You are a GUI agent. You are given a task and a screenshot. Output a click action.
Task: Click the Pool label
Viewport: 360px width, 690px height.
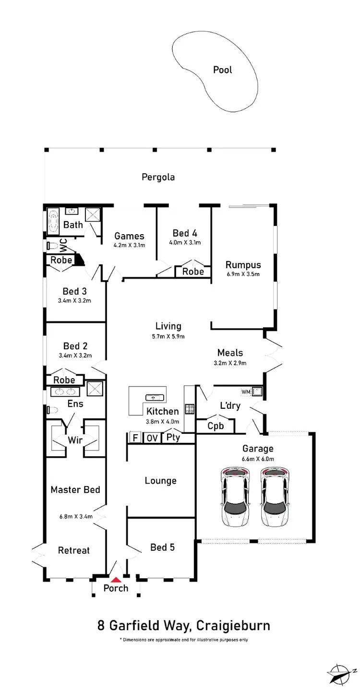[x=222, y=70]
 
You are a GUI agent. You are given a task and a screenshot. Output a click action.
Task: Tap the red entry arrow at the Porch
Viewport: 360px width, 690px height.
[x=116, y=580]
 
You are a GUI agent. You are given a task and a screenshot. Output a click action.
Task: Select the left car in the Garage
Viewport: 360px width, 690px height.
[x=235, y=497]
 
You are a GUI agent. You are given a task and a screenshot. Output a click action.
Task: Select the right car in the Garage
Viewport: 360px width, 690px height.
[x=275, y=497]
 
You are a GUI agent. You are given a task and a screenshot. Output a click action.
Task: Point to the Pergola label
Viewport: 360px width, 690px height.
[x=158, y=177]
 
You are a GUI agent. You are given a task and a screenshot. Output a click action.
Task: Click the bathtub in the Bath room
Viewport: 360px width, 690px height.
[x=52, y=220]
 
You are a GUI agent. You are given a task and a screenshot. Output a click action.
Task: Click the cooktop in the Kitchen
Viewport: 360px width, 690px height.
[x=190, y=409]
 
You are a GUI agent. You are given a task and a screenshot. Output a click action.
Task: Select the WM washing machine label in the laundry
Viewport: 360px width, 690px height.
[x=246, y=392]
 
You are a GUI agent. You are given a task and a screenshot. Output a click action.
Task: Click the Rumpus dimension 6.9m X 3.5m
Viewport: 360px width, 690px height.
[x=243, y=275]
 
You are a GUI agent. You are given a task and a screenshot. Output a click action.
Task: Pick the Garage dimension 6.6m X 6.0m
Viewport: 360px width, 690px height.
[x=258, y=459]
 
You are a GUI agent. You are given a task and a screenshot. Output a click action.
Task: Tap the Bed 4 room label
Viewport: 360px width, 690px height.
[x=185, y=233]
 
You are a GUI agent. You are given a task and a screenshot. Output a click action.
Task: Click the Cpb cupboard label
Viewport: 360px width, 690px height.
[x=215, y=426]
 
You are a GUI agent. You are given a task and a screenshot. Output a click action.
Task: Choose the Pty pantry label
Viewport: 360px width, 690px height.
[x=173, y=438]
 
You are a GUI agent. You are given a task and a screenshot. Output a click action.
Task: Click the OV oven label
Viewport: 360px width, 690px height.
[x=152, y=438]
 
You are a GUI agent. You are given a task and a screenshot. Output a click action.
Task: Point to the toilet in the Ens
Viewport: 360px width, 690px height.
[x=52, y=410]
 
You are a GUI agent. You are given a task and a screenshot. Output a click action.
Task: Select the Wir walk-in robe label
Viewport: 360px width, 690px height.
[x=75, y=440]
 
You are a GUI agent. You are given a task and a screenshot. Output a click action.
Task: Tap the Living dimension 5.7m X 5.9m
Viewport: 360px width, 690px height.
[x=168, y=336]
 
